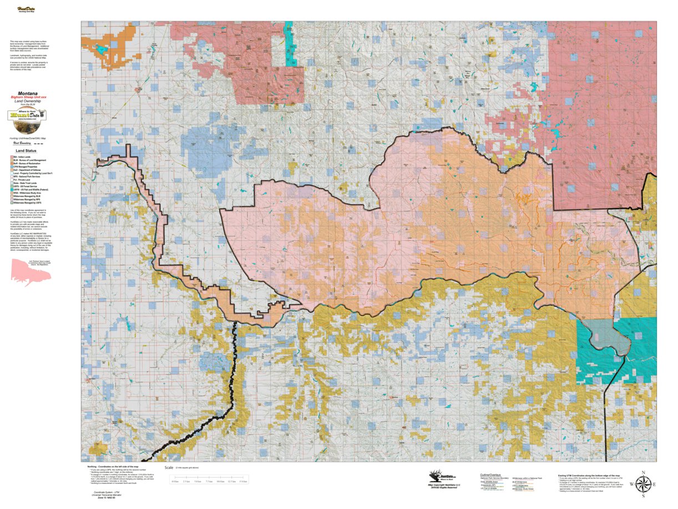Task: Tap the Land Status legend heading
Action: coord(27,150)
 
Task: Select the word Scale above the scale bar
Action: coord(169,468)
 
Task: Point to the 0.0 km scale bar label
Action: coord(175,481)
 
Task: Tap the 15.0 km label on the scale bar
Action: coord(242,481)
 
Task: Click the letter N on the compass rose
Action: coord(642,473)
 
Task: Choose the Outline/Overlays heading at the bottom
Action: coord(490,475)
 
